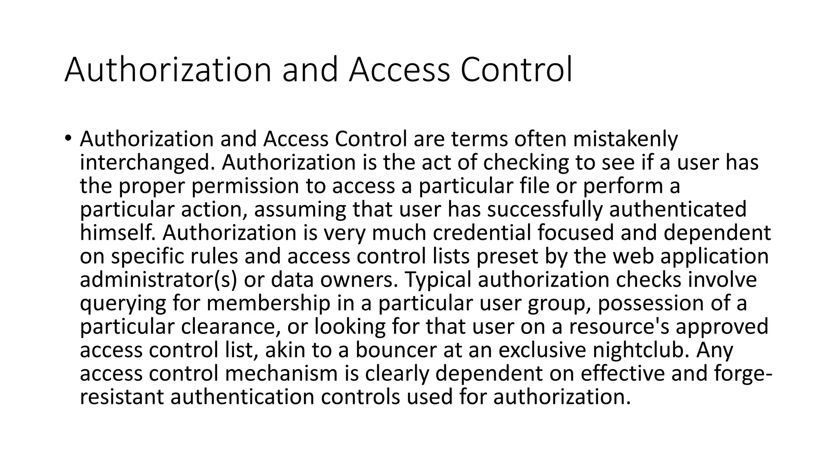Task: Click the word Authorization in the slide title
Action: coord(168,70)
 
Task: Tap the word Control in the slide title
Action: coord(516,70)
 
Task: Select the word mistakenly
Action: coord(625,139)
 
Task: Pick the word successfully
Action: coord(544,209)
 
